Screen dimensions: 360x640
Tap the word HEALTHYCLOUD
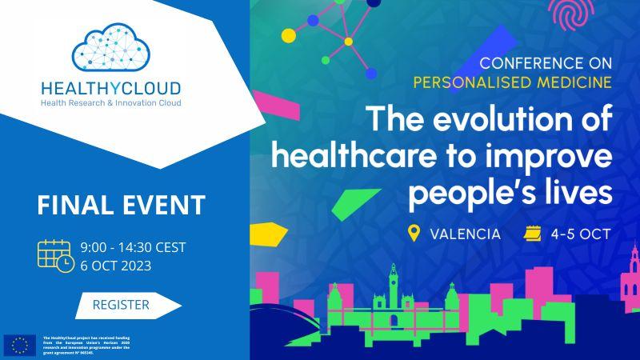tap(112, 88)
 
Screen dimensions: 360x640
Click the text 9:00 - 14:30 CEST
tap(134, 247)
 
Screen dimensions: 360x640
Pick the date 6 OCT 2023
tap(116, 265)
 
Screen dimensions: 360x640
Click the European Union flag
tap(20, 345)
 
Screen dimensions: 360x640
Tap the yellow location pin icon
tap(414, 234)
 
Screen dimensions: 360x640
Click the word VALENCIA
tap(465, 234)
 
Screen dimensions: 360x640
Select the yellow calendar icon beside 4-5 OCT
tap(532, 234)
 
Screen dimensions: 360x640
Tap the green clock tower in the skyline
tap(394, 288)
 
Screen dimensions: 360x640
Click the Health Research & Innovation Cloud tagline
tap(112, 103)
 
